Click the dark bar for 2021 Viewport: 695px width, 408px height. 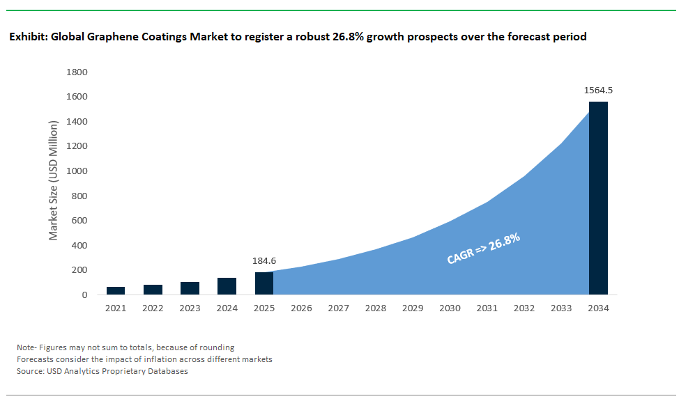tap(116, 290)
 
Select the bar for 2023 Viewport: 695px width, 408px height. tap(190, 288)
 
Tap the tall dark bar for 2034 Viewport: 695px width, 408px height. tap(598, 198)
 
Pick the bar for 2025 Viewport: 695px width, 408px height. tap(264, 283)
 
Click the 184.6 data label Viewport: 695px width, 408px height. tap(264, 261)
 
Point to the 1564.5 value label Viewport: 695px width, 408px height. tap(598, 91)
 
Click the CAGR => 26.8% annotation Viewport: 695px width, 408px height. tap(484, 249)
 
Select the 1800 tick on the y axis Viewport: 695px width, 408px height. tap(76, 72)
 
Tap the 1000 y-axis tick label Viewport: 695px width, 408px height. tap(76, 171)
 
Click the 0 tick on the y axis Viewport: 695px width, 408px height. tap(84, 295)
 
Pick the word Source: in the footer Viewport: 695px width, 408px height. tap(31, 371)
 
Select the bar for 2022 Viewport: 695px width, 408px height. tap(153, 290)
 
